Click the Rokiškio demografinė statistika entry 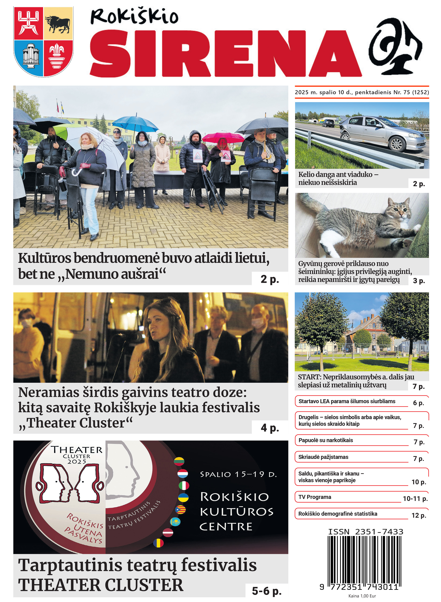coord(338,514)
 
